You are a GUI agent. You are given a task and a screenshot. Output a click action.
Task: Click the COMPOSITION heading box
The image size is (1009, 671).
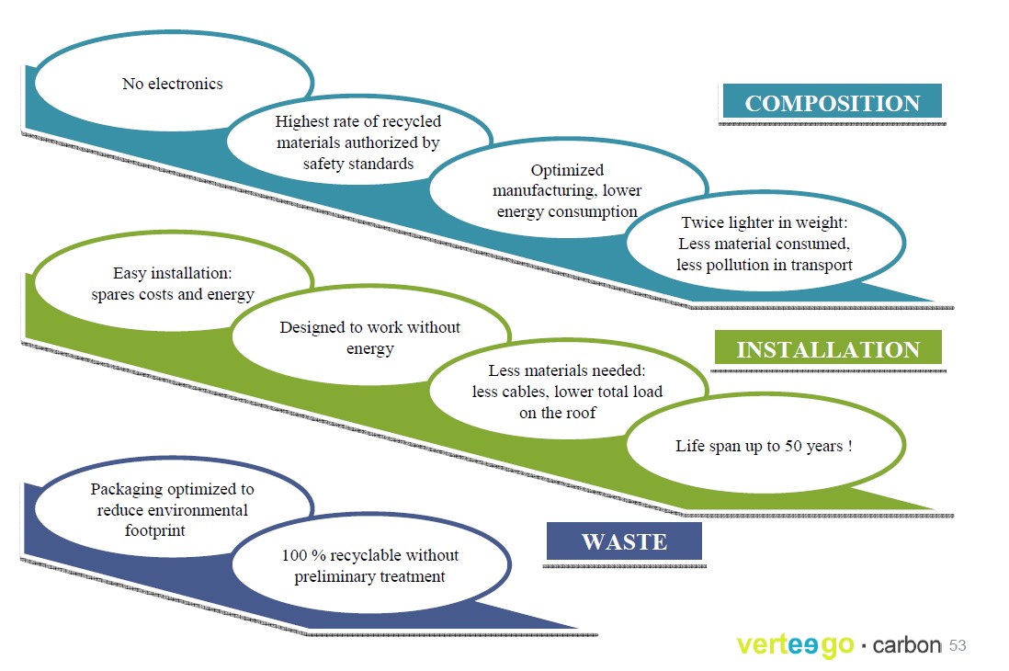pos(832,101)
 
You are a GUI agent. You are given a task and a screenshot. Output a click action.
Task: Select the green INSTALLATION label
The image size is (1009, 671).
pos(828,347)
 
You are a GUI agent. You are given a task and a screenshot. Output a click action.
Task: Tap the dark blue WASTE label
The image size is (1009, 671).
pos(624,540)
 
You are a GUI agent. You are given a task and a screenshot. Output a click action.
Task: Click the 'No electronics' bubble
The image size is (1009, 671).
pos(173,83)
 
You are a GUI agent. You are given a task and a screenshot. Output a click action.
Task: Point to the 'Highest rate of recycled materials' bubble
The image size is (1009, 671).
pos(358,142)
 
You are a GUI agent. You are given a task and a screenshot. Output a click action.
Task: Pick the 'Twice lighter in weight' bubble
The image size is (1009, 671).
pos(765,243)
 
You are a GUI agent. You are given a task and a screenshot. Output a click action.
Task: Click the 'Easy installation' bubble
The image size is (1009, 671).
pos(173,283)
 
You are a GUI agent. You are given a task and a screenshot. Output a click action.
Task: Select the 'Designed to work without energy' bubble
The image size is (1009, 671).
pos(370,336)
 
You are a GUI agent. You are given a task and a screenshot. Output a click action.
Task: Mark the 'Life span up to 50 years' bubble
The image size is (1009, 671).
pos(765,445)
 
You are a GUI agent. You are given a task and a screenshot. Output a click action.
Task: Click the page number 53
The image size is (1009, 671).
pos(958,645)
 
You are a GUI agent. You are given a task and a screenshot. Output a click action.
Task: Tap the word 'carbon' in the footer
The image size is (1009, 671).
pos(907,644)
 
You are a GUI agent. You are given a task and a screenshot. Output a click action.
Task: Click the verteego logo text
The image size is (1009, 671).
pos(796,645)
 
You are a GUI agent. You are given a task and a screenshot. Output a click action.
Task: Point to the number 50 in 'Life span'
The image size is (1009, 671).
pos(793,446)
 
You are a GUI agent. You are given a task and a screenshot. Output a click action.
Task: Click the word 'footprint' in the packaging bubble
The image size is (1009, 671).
pos(154,530)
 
